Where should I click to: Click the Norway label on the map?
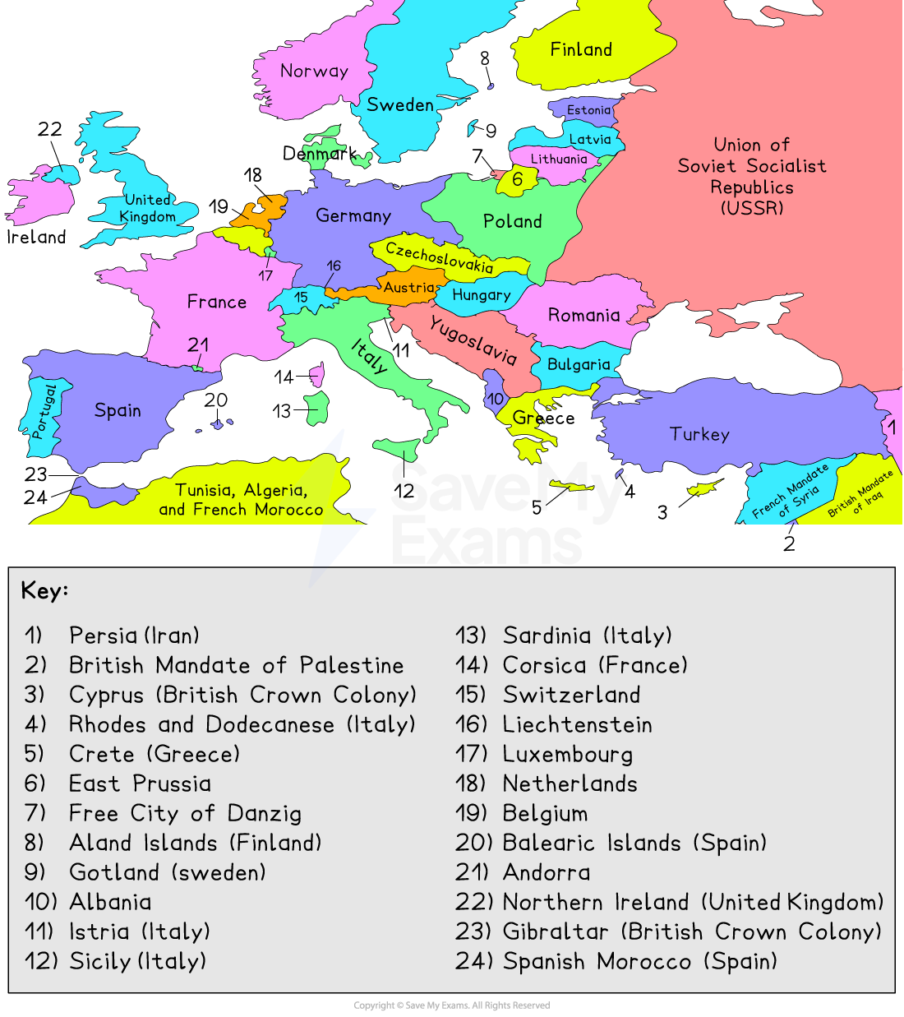(x=314, y=72)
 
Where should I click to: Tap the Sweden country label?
(x=400, y=105)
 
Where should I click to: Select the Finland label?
(x=581, y=50)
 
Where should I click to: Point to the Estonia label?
(x=588, y=110)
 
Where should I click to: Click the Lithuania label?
(x=559, y=159)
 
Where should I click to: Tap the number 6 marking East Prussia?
(x=517, y=179)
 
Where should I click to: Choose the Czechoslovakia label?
(x=439, y=257)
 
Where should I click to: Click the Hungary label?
(x=482, y=295)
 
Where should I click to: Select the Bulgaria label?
(x=579, y=364)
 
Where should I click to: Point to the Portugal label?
(x=44, y=411)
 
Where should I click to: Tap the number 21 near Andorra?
(x=198, y=345)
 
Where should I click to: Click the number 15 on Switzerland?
(x=301, y=298)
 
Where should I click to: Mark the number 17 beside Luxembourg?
(x=265, y=275)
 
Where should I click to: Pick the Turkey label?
(x=699, y=434)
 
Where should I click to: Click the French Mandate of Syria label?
(x=790, y=492)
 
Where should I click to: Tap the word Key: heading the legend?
(x=44, y=590)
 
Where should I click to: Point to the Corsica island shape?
(x=316, y=376)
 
